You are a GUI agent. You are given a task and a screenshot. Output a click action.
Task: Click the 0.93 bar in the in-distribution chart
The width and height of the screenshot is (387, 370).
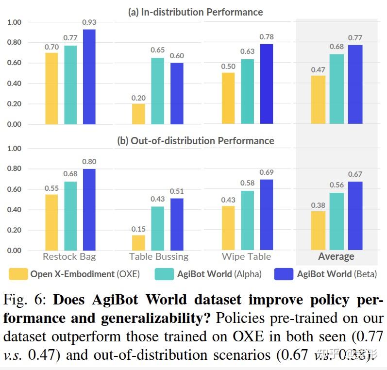(89, 77)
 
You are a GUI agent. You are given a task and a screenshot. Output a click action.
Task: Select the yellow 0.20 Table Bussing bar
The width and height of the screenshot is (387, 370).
(138, 114)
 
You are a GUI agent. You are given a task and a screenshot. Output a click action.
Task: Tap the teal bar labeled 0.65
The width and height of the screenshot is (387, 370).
(157, 91)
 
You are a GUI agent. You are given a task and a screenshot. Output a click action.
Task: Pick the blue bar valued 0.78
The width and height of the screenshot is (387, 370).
(266, 84)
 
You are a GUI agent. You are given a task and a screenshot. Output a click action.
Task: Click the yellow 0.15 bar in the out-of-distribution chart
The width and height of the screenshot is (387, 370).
(138, 243)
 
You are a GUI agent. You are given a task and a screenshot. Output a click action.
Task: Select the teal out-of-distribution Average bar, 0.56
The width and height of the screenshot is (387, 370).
(336, 221)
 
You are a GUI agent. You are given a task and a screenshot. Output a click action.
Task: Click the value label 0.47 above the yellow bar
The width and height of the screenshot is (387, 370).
(318, 70)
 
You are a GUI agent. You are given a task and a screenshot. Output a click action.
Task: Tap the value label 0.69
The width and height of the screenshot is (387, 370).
(266, 172)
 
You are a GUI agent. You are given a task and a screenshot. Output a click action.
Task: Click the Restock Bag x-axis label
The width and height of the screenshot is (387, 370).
(69, 257)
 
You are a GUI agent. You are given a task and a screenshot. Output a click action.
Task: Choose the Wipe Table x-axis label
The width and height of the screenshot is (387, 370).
(246, 257)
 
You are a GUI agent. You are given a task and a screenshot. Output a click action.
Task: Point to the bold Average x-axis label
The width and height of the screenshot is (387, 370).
(336, 257)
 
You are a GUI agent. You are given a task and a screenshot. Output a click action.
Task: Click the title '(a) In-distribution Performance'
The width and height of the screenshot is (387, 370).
(195, 12)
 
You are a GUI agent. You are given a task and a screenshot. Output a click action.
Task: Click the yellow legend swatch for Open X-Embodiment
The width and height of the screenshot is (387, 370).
(18, 274)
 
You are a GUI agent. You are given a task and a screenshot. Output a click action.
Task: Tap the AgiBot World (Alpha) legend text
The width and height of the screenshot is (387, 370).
(219, 274)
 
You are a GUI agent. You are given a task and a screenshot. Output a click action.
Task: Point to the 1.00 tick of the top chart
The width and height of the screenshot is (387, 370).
(14, 22)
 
